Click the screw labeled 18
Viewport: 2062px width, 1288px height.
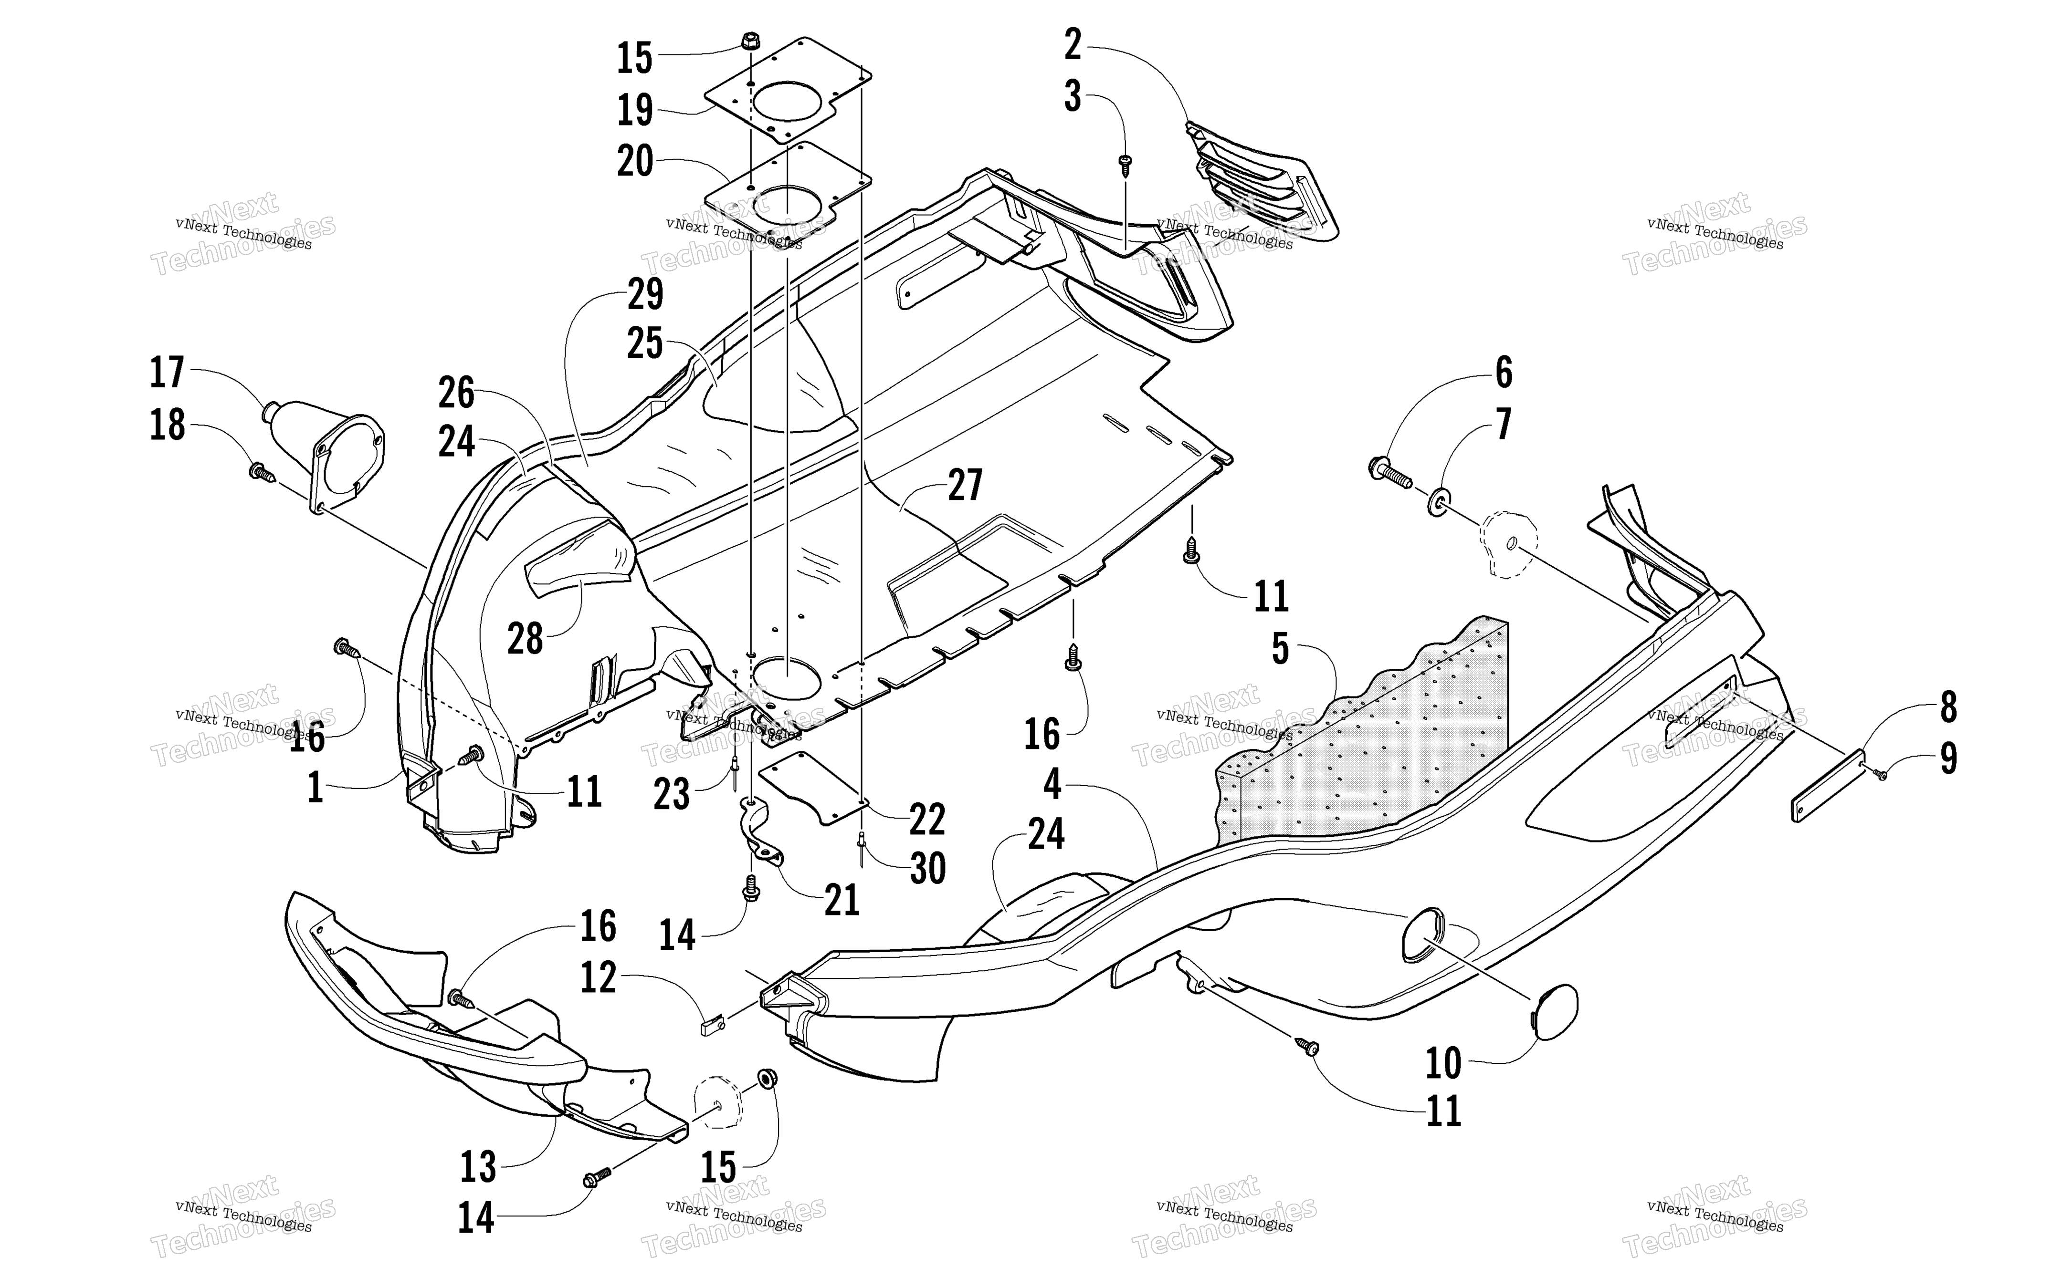click(261, 471)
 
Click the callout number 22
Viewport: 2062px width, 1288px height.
click(927, 820)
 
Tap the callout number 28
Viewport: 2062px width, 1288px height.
click(525, 639)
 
